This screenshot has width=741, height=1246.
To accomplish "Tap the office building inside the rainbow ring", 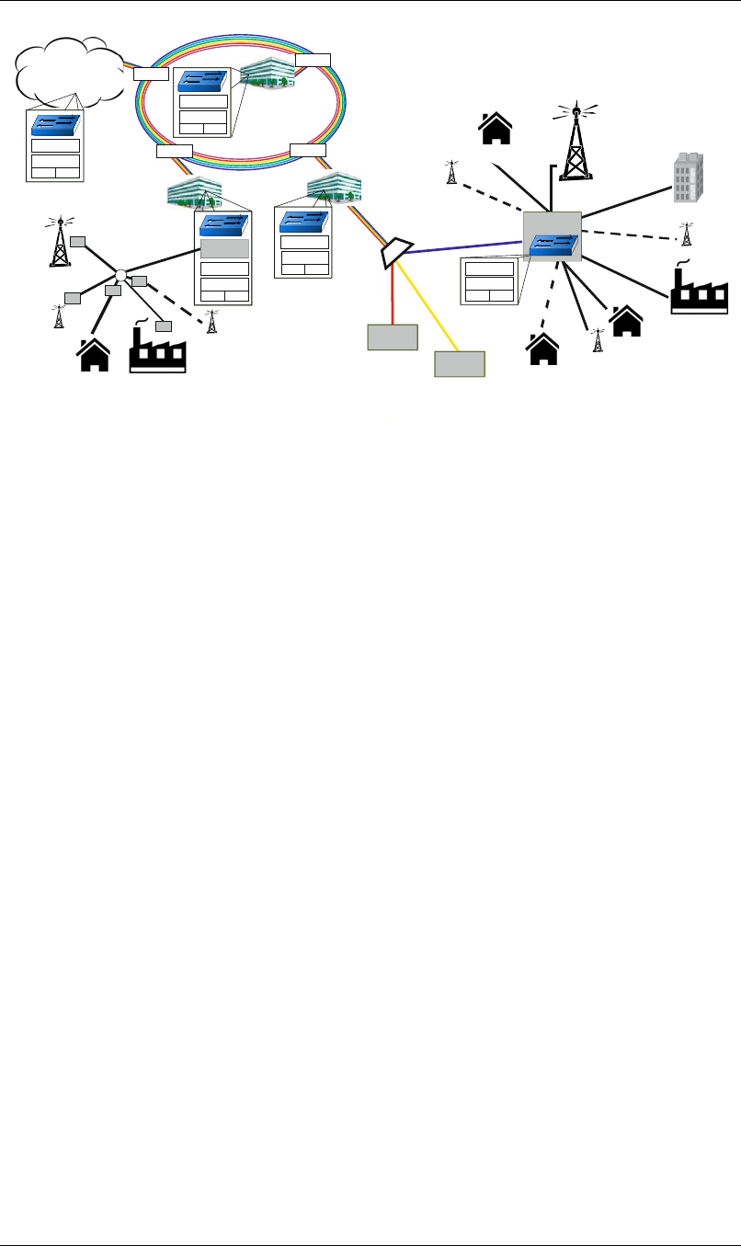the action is pyautogui.click(x=266, y=74).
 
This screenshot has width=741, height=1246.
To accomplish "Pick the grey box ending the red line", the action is pyautogui.click(x=393, y=337).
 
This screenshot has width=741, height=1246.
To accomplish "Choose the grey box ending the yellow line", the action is pyautogui.click(x=460, y=365).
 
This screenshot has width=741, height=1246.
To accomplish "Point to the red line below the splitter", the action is pyautogui.click(x=393, y=294).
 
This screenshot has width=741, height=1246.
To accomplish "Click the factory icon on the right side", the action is pyautogui.click(x=699, y=290).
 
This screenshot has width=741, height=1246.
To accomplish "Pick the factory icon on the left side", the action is pyautogui.click(x=158, y=349).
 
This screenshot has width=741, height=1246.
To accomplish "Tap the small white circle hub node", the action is pyautogui.click(x=120, y=275).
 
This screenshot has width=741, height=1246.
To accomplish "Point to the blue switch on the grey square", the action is pyautogui.click(x=554, y=245).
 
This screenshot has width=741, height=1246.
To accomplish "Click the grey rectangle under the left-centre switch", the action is pyautogui.click(x=224, y=248).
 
